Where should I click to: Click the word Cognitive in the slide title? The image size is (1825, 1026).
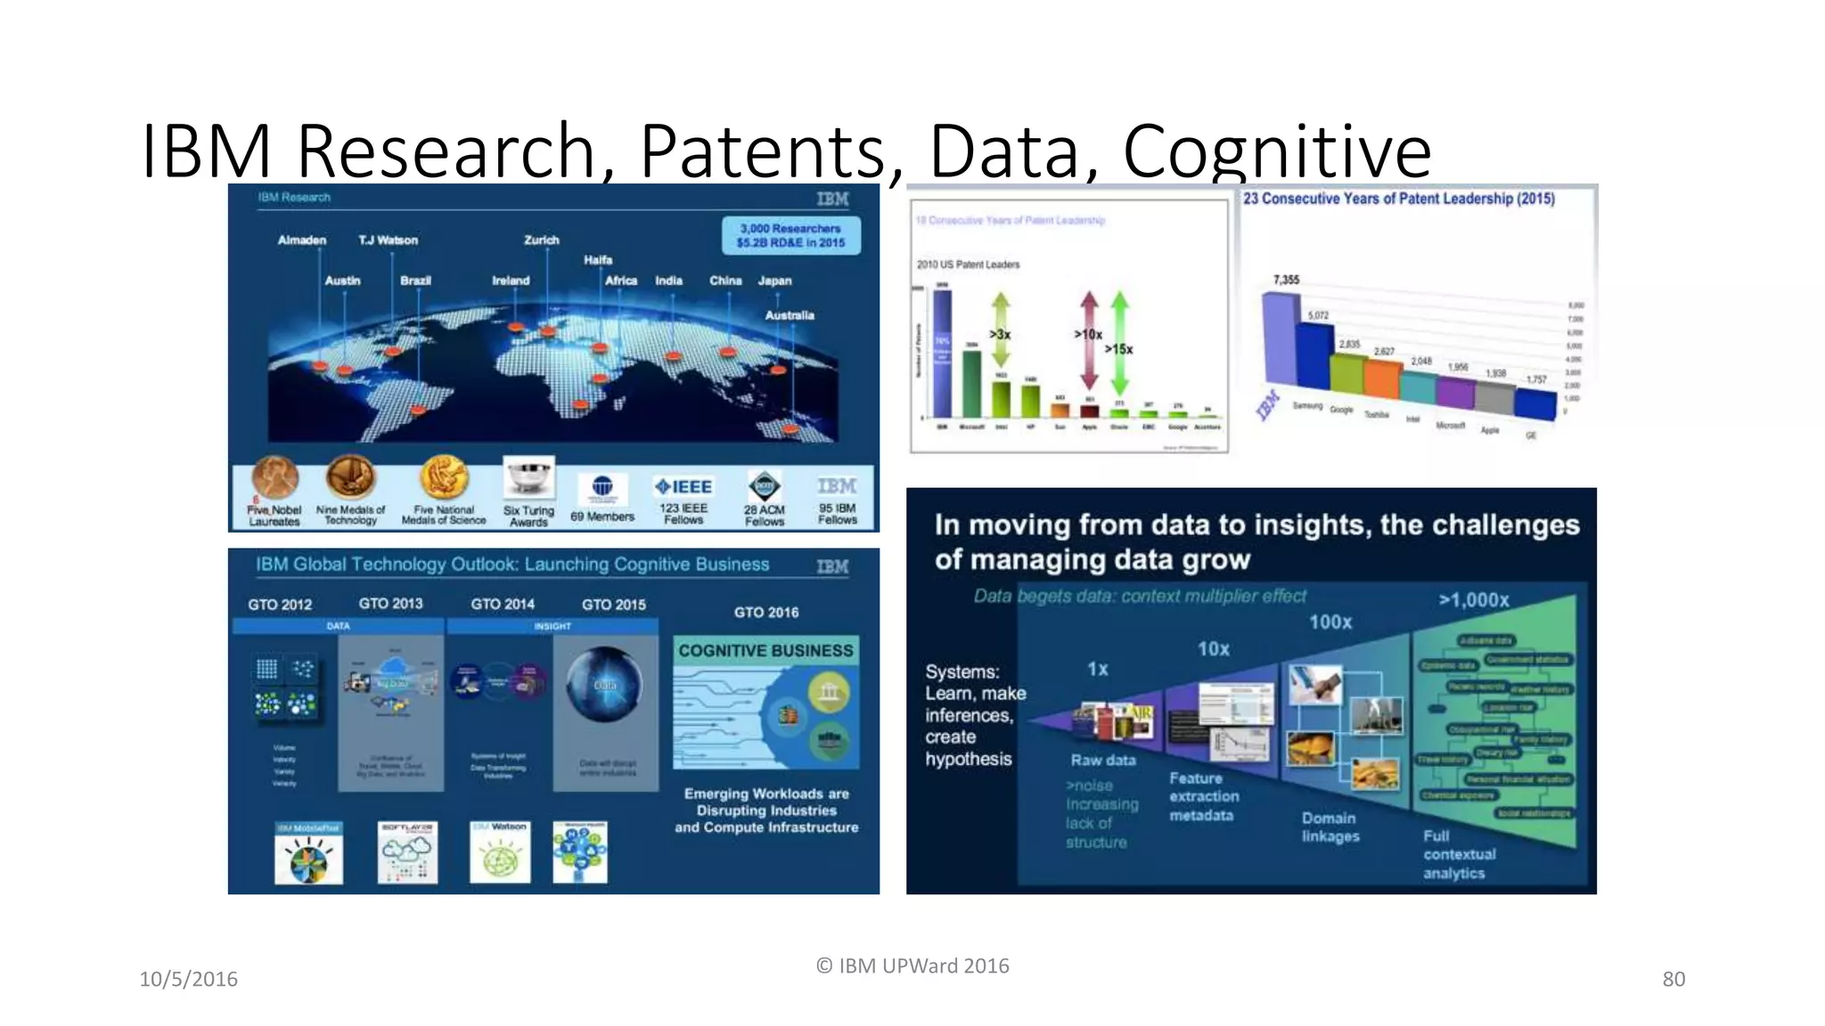click(1276, 151)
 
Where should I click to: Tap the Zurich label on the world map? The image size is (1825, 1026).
click(541, 240)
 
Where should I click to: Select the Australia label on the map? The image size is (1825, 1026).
click(789, 315)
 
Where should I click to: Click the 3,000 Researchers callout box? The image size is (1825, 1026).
click(790, 235)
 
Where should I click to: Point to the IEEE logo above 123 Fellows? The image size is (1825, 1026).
click(683, 486)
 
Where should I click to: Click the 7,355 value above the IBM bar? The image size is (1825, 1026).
click(1286, 280)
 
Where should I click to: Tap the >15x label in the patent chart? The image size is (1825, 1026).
click(1118, 349)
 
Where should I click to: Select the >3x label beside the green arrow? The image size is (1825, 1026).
click(1000, 335)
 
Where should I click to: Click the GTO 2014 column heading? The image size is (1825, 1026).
click(503, 604)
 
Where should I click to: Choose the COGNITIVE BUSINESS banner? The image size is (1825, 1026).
click(765, 650)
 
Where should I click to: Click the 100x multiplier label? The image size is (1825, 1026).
click(1330, 622)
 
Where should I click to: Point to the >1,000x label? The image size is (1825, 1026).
click(1473, 600)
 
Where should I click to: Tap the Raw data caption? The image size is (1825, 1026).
click(1102, 760)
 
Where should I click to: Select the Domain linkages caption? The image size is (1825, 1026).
click(1330, 826)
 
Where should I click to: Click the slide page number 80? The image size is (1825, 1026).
click(1673, 979)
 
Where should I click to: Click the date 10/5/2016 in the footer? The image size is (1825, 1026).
click(188, 979)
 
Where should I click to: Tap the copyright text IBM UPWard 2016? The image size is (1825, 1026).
click(912, 965)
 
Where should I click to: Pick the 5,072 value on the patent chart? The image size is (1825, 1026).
click(1318, 315)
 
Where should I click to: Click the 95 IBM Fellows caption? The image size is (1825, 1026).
click(837, 514)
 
